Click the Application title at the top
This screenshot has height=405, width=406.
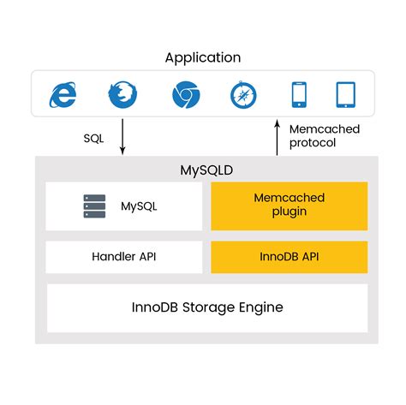203,57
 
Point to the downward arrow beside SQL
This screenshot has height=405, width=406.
122,138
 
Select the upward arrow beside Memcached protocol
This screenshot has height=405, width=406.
277,138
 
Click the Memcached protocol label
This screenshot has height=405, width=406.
325,137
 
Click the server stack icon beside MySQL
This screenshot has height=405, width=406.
94,205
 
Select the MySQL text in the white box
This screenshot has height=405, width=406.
139,205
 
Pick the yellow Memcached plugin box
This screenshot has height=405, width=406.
289,205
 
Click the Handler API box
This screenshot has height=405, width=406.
124,256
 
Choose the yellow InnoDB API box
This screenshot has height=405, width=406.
289,256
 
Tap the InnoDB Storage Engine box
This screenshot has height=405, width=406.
206,307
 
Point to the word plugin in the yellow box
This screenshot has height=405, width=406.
289,213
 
